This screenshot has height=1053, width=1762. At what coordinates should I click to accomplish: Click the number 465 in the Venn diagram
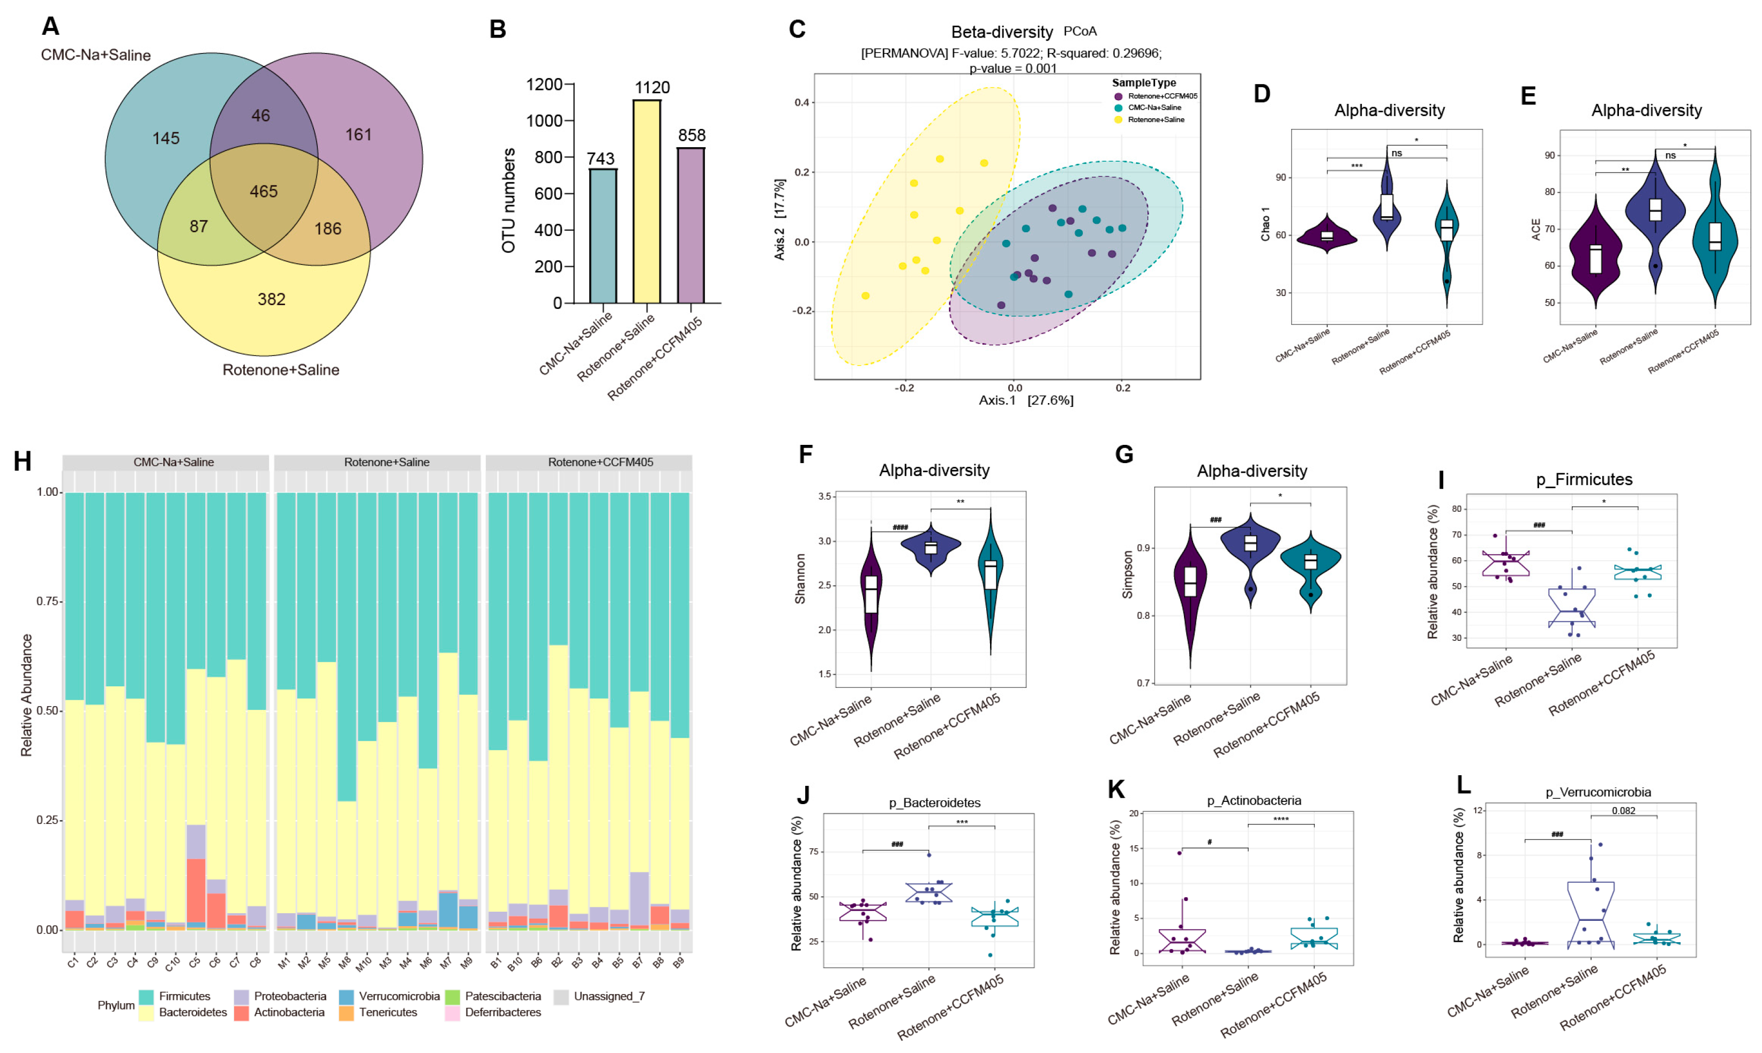(264, 192)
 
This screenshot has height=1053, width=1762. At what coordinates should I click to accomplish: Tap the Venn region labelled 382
(271, 299)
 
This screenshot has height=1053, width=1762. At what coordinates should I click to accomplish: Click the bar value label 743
(601, 158)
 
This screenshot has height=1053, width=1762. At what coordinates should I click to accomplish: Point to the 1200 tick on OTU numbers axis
(544, 85)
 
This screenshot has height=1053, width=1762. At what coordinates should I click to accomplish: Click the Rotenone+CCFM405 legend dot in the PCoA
(1119, 96)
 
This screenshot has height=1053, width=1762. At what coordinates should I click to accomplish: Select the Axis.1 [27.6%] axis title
(1026, 401)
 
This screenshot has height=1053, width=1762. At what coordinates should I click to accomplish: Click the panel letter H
(23, 462)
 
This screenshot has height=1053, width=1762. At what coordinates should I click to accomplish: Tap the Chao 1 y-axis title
(1265, 224)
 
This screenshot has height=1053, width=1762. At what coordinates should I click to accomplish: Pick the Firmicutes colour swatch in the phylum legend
(146, 997)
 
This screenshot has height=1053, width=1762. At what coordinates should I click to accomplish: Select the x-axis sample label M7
(446, 964)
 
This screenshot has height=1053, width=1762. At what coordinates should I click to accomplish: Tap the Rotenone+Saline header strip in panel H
(386, 463)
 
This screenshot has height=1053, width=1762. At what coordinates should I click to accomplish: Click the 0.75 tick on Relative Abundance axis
(48, 602)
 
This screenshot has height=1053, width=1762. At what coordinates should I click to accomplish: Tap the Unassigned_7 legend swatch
(561, 997)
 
